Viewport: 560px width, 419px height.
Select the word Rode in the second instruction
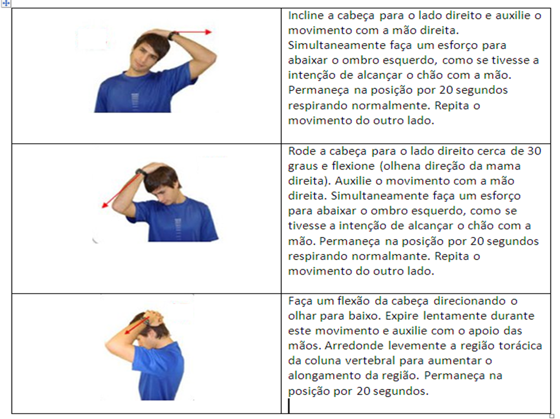pyautogui.click(x=300, y=151)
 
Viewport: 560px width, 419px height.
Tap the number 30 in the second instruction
pyautogui.click(x=535, y=151)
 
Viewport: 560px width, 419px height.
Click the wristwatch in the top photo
pyautogui.click(x=173, y=36)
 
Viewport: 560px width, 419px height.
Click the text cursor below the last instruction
pyautogui.click(x=289, y=406)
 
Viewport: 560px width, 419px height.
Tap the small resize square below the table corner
pyautogui.click(x=552, y=416)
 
